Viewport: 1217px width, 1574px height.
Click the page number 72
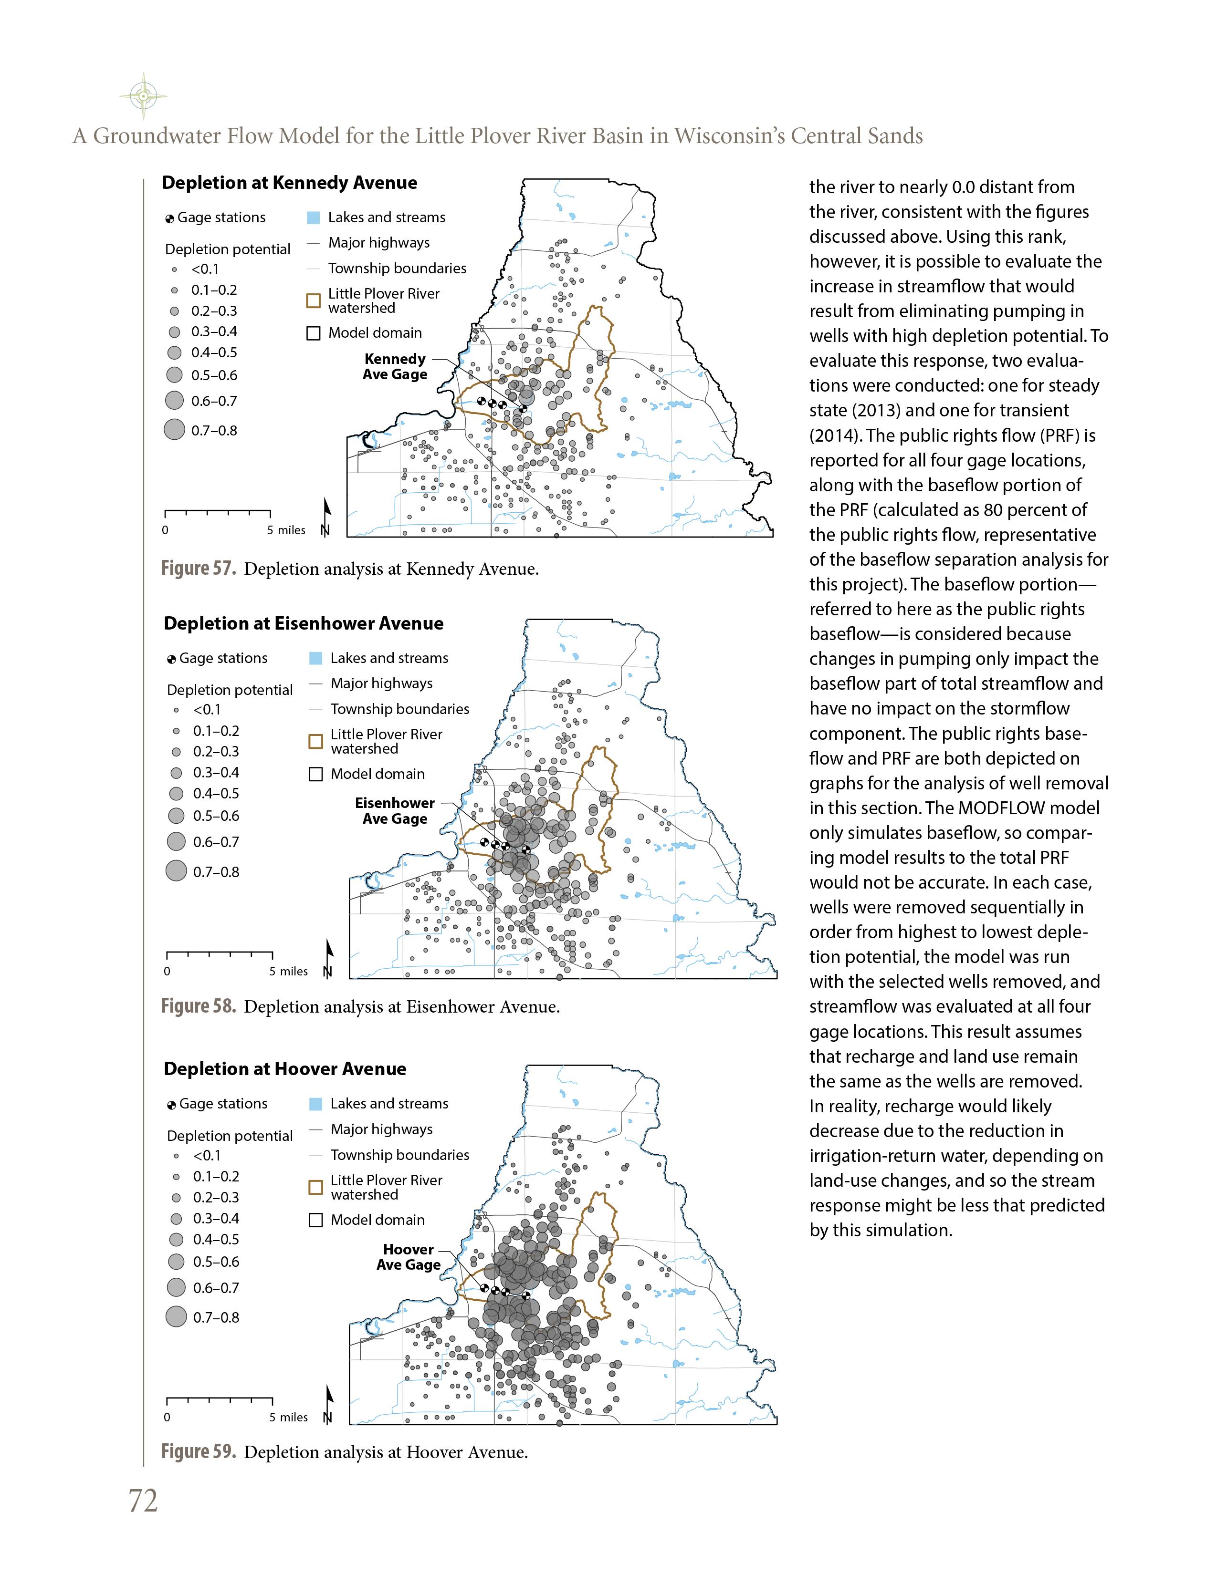tap(143, 1501)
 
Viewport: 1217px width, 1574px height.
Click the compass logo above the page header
tap(144, 95)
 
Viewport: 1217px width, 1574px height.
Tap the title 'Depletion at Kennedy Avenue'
tap(289, 183)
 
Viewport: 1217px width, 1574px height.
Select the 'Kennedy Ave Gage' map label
tap(395, 367)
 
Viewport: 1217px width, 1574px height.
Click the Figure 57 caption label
tap(198, 569)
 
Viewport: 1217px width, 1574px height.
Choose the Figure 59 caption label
tap(198, 1451)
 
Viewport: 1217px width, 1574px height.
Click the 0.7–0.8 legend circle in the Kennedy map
tap(175, 430)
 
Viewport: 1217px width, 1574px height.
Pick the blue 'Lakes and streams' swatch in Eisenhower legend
tap(315, 658)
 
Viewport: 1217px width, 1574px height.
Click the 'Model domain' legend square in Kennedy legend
tap(314, 334)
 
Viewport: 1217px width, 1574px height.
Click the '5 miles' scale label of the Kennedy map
tap(286, 530)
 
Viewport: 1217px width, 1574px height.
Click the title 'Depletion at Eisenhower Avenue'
tap(304, 623)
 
